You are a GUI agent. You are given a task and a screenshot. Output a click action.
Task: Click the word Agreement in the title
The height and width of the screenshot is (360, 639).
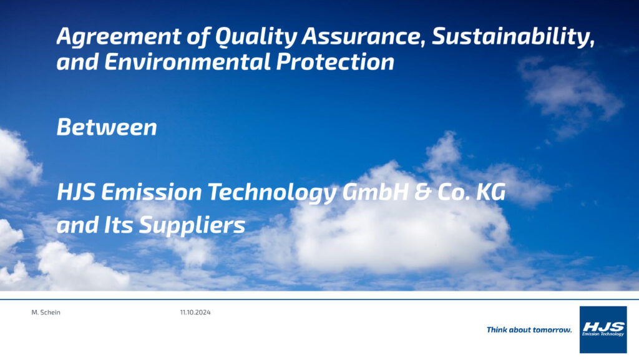[x=119, y=37]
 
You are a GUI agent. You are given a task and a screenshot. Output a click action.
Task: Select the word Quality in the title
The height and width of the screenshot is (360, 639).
[x=256, y=37]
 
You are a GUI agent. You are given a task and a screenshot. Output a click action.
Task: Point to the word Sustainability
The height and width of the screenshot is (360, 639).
[x=513, y=37]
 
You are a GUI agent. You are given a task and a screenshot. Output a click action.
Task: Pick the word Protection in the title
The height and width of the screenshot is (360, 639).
[x=335, y=62]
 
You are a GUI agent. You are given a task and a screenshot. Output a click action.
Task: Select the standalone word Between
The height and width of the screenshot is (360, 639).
[x=107, y=127]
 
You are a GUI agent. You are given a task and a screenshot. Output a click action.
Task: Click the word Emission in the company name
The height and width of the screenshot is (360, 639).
[x=151, y=192]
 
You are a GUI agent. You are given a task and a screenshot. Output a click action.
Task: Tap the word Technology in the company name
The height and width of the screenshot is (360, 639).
[x=272, y=193]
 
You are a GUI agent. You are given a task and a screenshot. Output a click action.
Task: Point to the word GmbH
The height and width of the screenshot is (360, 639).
[x=375, y=192]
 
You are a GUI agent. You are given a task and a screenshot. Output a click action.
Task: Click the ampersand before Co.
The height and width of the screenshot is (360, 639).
[x=423, y=192]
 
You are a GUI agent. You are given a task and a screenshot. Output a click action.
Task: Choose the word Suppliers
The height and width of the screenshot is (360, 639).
[x=192, y=226]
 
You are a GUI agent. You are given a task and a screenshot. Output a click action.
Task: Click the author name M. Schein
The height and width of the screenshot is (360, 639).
[x=46, y=313]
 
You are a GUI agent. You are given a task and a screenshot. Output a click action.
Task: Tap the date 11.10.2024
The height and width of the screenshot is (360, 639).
[x=195, y=313]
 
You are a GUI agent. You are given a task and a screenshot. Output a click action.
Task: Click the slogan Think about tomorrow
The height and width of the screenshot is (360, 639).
[x=529, y=330]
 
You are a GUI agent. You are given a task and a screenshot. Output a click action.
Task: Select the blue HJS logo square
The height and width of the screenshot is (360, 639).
[x=603, y=329]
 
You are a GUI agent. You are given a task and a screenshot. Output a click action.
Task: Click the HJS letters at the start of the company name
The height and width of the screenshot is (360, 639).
[x=76, y=192]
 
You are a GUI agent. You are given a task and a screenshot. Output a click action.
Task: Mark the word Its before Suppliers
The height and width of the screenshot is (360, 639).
[x=118, y=225]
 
